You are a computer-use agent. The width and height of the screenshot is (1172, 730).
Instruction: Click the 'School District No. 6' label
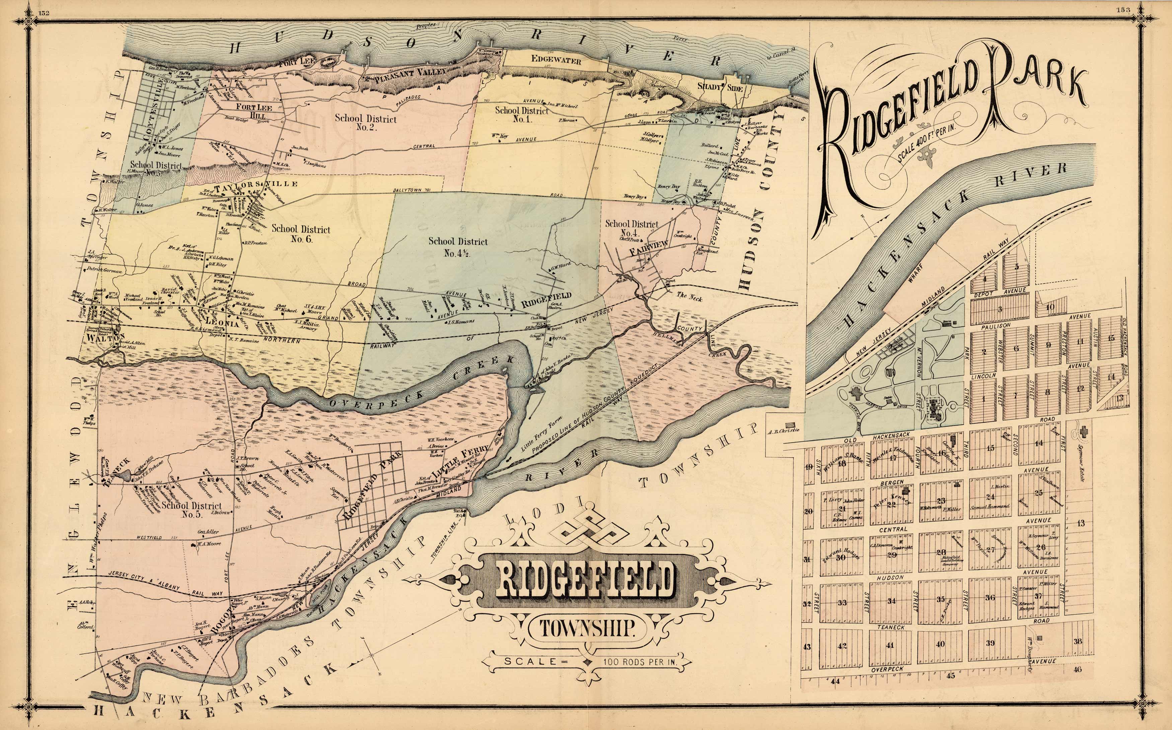pos(300,234)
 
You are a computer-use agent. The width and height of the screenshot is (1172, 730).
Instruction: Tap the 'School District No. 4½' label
pos(458,247)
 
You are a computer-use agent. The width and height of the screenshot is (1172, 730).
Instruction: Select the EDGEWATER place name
pos(556,61)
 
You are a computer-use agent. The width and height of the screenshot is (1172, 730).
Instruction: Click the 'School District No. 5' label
pos(192,510)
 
